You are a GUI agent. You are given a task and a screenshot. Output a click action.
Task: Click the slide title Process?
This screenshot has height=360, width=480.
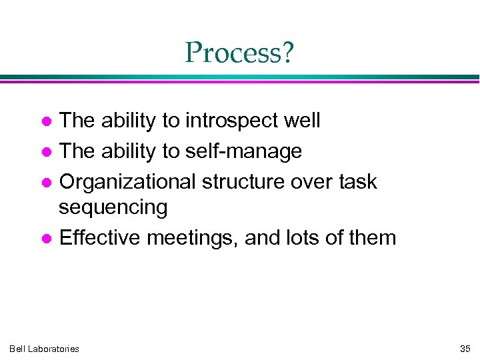[239, 53]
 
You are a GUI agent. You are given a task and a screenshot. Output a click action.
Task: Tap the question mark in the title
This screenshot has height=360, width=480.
[287, 53]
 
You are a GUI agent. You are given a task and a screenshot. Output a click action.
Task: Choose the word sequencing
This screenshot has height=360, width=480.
[113, 208]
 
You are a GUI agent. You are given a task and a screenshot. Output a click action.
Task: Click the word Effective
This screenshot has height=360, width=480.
[100, 237]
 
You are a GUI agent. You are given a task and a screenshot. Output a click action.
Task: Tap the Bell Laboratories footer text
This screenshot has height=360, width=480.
[44, 349]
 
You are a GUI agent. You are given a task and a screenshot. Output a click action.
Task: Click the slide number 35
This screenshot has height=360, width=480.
[465, 349]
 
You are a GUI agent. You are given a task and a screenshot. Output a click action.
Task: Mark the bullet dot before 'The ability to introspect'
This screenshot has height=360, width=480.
[47, 122]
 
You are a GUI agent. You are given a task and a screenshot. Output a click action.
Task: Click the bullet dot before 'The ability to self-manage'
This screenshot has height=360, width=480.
[47, 152]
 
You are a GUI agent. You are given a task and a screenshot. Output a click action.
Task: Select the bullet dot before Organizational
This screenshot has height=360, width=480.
[47, 182]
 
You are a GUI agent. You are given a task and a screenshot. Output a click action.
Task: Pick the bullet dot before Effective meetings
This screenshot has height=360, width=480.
[47, 238]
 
